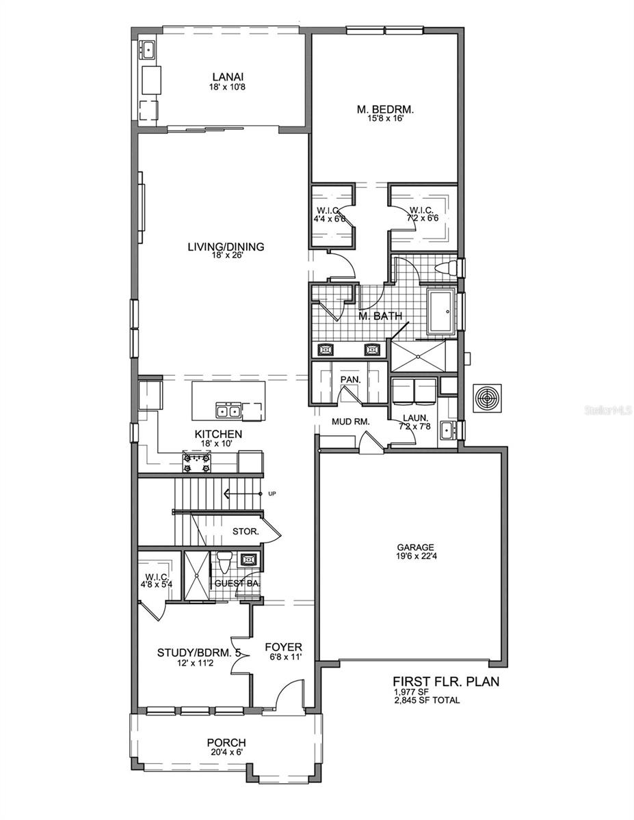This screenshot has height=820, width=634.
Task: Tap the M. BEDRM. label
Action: (386, 109)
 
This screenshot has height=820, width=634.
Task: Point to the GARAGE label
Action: (416, 547)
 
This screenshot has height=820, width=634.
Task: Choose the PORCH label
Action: (226, 743)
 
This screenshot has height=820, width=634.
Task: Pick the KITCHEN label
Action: (218, 434)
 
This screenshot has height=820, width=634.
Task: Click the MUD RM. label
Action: (351, 422)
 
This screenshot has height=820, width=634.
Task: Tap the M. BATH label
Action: (381, 315)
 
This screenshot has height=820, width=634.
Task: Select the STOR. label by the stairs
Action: (245, 530)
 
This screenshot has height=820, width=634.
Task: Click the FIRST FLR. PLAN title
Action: (445, 681)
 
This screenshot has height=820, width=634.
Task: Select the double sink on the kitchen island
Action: (227, 410)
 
